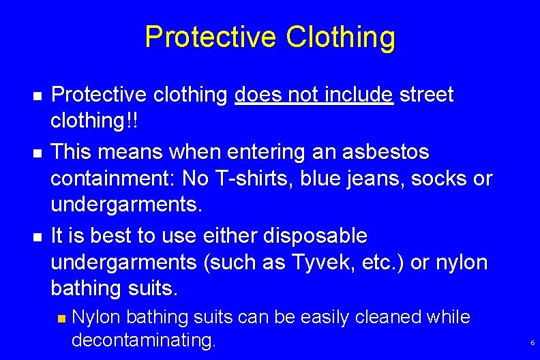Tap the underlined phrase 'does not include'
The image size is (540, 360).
point(314,95)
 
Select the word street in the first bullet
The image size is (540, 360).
point(427,95)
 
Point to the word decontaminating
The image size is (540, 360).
point(143,340)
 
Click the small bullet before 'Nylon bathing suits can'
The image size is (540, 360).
point(61,318)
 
